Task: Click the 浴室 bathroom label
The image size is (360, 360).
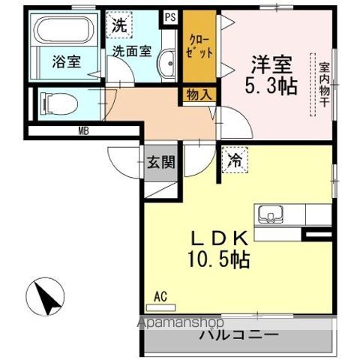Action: coord(65,62)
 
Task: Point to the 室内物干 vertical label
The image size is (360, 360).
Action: coord(324,86)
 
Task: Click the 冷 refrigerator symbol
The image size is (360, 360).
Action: coord(235,160)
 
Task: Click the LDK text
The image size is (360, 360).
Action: coord(218,238)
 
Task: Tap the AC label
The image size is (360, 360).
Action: coord(160,296)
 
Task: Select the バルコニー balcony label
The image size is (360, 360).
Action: coord(238,335)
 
